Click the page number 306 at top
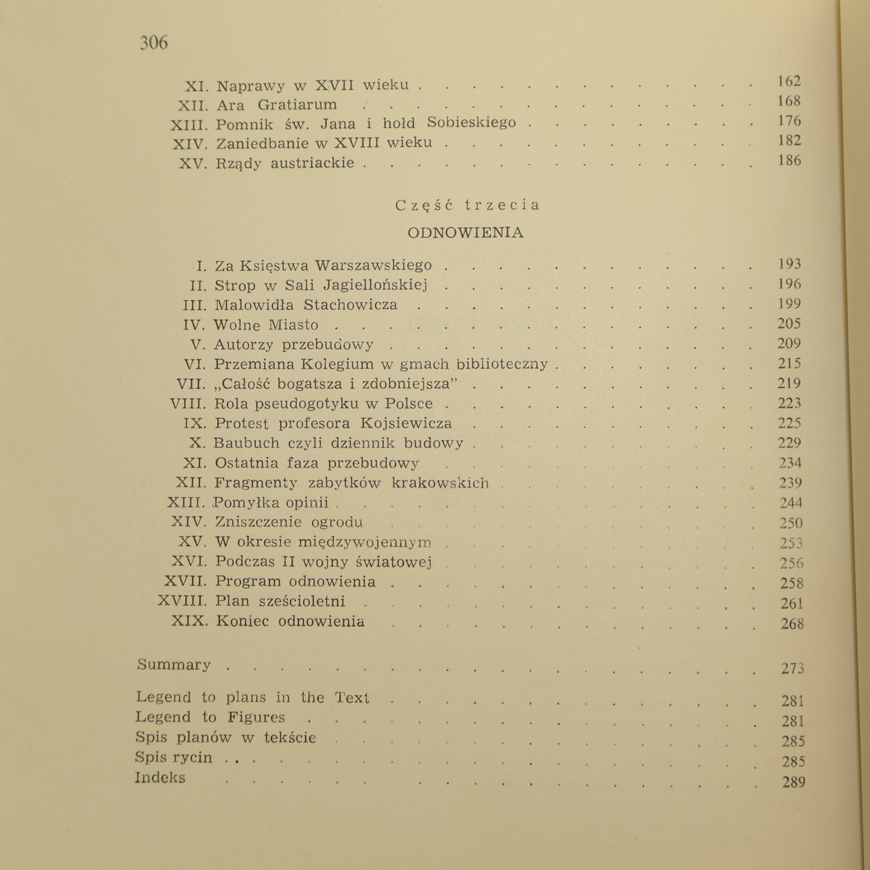(154, 42)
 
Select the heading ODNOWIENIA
(465, 233)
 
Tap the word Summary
(174, 665)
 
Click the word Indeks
(160, 778)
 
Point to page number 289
(793, 782)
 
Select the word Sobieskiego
(471, 123)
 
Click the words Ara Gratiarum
(277, 104)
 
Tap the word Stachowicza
(351, 304)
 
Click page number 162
(789, 82)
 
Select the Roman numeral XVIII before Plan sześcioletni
(182, 601)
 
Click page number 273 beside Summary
(792, 668)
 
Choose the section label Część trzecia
(468, 205)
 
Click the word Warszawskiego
(374, 265)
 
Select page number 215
(789, 364)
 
